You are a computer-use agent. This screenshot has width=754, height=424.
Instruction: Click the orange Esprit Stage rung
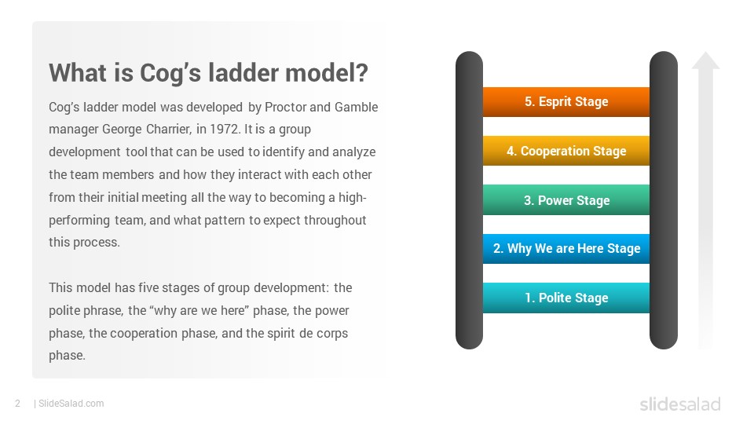coord(566,102)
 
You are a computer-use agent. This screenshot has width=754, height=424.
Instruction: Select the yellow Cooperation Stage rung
coord(566,151)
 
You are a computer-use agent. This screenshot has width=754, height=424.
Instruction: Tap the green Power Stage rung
coord(566,200)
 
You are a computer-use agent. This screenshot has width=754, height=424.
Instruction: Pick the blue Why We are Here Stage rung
coord(566,249)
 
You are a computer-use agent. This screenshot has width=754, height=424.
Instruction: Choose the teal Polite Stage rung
coord(566,298)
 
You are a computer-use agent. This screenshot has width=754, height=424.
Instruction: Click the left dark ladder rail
coord(470,200)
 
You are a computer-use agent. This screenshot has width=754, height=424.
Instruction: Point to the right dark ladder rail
coord(664,200)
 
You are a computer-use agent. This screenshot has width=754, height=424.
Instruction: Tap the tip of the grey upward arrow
coord(706,52)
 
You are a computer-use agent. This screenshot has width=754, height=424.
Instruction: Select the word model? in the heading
coord(327,73)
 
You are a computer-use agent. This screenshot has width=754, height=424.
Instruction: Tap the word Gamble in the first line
coord(357,107)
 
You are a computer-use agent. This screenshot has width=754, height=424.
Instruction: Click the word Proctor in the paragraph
coord(286,107)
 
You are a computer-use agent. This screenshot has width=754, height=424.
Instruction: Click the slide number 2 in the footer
coord(18,404)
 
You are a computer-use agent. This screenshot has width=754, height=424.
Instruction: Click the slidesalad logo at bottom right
coord(680,404)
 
